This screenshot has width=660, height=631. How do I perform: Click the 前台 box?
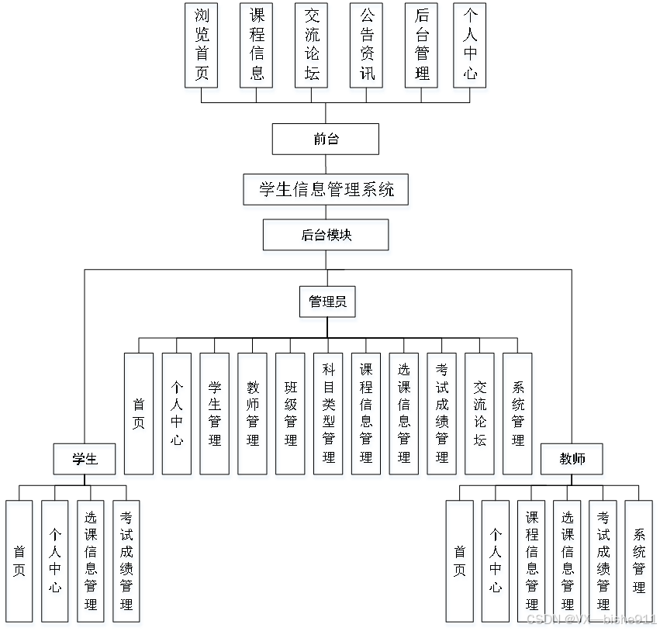coord(326,140)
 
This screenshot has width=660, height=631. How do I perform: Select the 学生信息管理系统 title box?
coord(326,188)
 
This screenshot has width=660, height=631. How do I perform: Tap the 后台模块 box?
coord(326,235)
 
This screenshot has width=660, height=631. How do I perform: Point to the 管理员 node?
coord(327,302)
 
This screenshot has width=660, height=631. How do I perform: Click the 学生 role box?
coord(85,459)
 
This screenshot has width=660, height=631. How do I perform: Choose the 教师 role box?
coord(572,459)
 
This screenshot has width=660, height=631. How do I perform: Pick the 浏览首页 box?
coord(202,45)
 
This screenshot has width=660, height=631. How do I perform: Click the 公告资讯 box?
coord(367,45)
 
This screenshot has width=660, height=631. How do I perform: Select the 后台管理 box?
coord(422,45)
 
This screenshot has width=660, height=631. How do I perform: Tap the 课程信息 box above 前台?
coord(257,45)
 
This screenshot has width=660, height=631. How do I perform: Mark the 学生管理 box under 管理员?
coord(215,413)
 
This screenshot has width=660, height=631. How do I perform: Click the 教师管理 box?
coord(253,413)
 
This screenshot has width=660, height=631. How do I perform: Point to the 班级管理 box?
coord(291,413)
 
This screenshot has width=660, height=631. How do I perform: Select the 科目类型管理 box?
coord(329,413)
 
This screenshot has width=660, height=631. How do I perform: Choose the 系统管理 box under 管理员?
coord(518,413)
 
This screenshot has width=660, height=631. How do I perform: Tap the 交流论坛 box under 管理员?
coord(480,413)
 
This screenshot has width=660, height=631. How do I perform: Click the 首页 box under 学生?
coord(19,560)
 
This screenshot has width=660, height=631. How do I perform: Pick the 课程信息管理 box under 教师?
coord(532,560)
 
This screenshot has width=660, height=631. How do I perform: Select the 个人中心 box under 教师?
coord(496,560)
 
